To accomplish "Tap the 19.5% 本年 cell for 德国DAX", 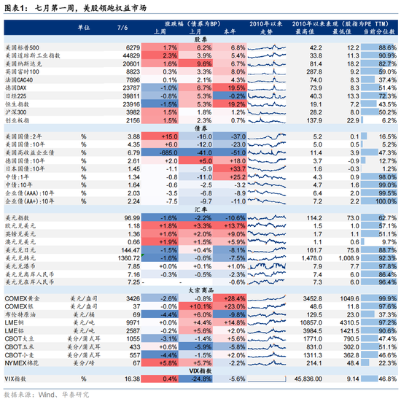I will point(233,87).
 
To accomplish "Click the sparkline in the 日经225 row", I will point(265,96).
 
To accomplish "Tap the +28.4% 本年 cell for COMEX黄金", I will point(233,298).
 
